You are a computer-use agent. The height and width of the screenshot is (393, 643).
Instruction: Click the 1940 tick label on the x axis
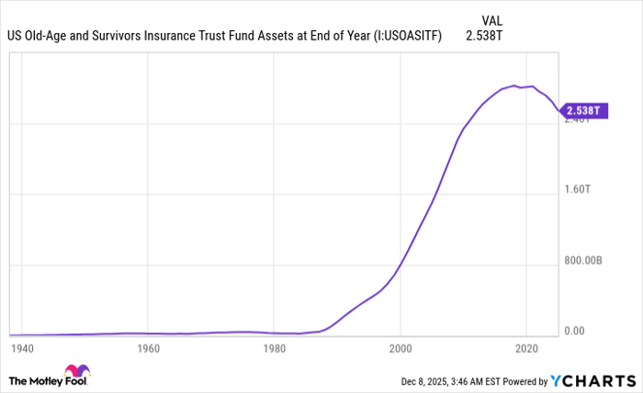pyautogui.click(x=21, y=349)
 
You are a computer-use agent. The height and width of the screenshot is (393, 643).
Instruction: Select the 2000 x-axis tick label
pyautogui.click(x=400, y=349)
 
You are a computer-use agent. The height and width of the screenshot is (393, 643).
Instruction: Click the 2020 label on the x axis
pyautogui.click(x=526, y=349)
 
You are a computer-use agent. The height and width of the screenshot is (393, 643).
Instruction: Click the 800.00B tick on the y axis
pyautogui.click(x=584, y=261)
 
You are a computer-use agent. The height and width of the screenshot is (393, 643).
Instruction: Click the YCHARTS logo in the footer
pyautogui.click(x=593, y=380)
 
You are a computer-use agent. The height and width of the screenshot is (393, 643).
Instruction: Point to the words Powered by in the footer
pyautogui.click(x=521, y=380)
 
